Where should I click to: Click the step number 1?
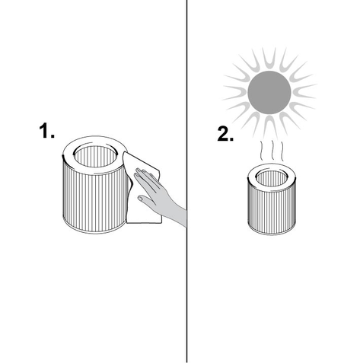point(46,131)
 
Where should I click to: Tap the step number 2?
point(225,133)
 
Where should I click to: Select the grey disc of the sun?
point(269,92)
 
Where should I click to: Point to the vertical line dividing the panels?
point(187,181)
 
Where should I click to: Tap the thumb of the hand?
point(146,199)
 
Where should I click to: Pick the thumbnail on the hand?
point(140,198)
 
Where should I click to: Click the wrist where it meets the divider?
point(184,217)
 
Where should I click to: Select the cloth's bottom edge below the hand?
point(144,223)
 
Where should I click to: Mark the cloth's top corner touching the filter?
point(124,153)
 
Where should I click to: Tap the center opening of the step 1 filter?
point(96,157)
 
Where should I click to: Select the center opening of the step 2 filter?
point(272,177)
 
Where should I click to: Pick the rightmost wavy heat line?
point(282,151)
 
